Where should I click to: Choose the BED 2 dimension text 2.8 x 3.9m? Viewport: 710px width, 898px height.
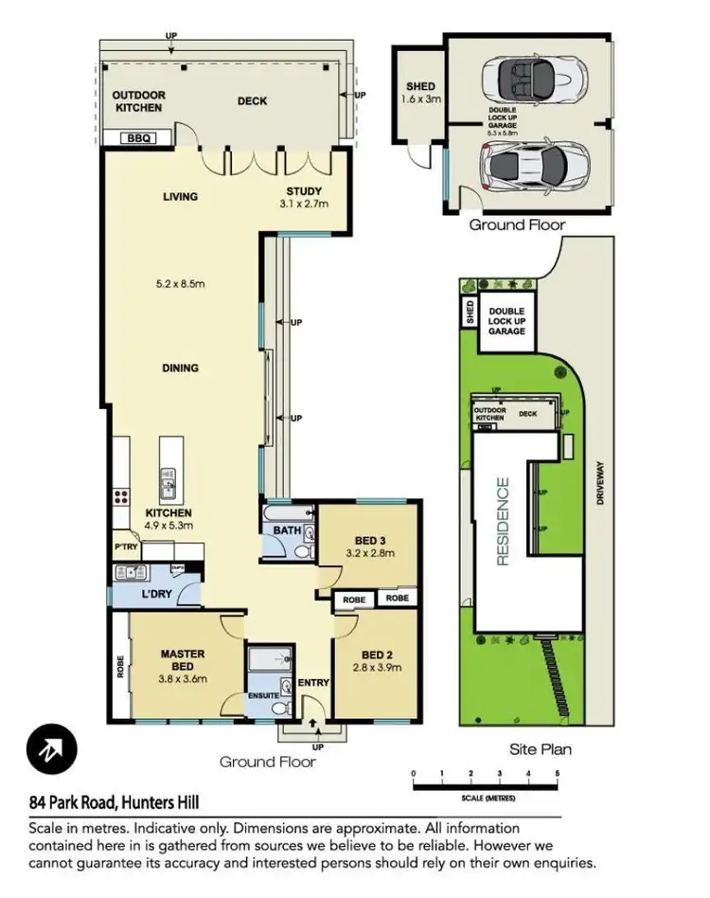point(376,667)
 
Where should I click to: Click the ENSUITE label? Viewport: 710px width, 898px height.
point(263,695)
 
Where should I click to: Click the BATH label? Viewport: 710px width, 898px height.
point(287,530)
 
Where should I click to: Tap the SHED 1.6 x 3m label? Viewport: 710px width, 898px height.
point(420,92)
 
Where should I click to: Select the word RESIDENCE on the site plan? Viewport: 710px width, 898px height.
point(503,521)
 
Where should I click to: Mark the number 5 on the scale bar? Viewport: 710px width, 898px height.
point(558,775)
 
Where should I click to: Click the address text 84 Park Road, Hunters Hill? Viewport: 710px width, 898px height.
point(114,803)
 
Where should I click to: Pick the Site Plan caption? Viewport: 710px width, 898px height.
point(540,749)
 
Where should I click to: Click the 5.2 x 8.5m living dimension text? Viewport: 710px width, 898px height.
point(180,282)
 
